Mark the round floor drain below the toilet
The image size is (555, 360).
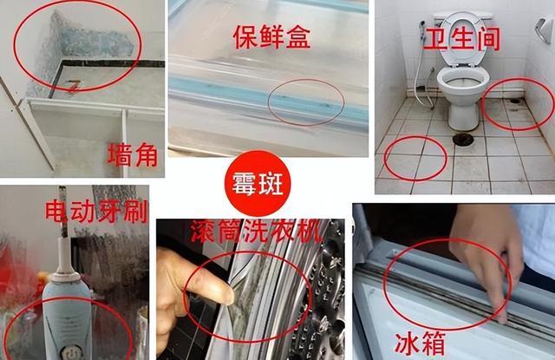(462, 138)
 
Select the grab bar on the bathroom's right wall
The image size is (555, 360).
(544, 30)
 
